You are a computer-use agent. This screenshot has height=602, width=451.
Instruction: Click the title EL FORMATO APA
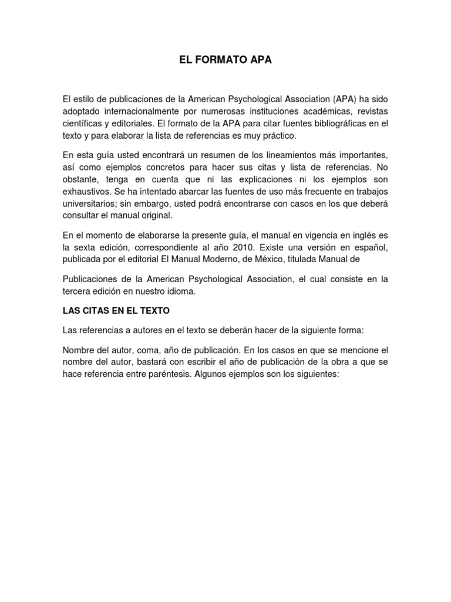point(225,60)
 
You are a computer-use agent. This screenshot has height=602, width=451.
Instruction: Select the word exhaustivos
point(87,192)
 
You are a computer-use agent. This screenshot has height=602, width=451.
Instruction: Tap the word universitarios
point(90,204)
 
